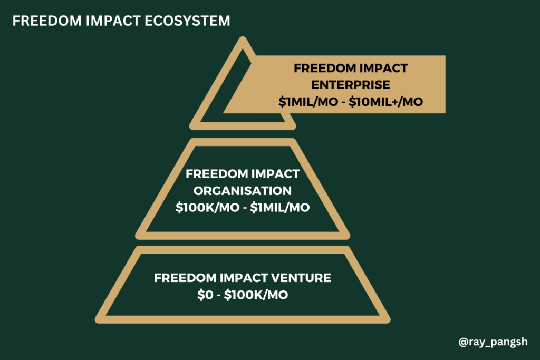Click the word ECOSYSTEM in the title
(x=187, y=21)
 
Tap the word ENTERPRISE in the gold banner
(x=351, y=85)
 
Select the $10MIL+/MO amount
(x=385, y=102)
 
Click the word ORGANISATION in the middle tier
(x=243, y=191)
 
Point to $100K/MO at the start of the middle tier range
(x=207, y=208)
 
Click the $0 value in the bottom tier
(x=205, y=295)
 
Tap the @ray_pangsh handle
(x=493, y=342)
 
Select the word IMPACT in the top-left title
(x=113, y=21)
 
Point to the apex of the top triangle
(x=243, y=37)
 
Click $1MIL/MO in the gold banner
(x=308, y=102)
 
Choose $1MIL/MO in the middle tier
(x=280, y=208)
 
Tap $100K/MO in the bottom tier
(x=256, y=295)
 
